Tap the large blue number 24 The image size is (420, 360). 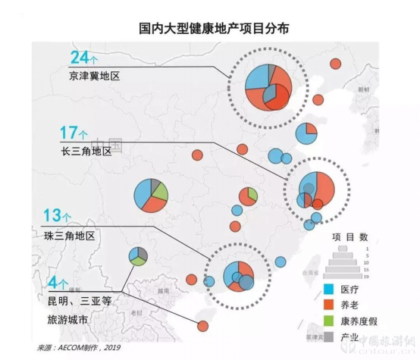[x=80, y=58]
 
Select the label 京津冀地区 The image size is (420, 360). [x=95, y=77]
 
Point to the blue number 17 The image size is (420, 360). [x=68, y=133]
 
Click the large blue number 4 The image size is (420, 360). [x=53, y=284]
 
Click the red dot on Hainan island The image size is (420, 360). [x=202, y=326]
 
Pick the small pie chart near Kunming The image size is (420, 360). [x=138, y=255]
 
